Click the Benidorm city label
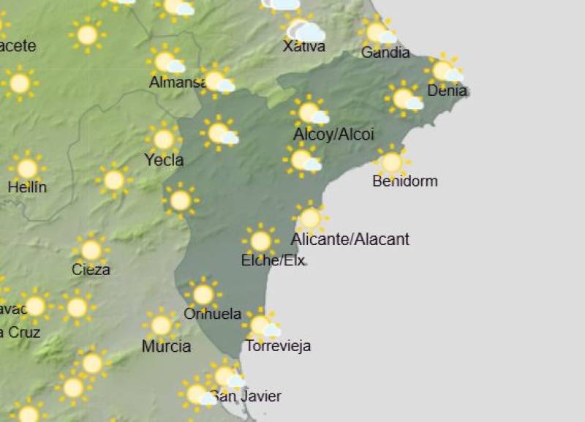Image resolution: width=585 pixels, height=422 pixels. point(404,181)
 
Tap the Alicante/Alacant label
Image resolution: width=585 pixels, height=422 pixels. point(350,239)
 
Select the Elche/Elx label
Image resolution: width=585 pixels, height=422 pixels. point(273,260)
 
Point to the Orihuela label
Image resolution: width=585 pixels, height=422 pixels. point(213,314)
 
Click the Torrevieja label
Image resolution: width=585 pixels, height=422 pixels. point(278,346)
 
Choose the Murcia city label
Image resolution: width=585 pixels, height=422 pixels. point(167,346)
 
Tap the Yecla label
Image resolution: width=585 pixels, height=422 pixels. point(164,159)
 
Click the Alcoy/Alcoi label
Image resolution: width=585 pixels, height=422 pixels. point(333,135)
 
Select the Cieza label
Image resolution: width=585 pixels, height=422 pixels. point(91,269)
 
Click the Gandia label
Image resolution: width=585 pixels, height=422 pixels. point(385,53)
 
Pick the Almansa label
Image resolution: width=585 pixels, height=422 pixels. point(178,83)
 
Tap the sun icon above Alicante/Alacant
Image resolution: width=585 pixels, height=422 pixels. point(310,217)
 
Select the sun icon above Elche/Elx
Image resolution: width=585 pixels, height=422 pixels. point(260,241)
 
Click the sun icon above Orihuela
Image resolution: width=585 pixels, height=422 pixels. point(203,294)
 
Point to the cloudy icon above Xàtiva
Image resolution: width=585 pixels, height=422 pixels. point(305,30)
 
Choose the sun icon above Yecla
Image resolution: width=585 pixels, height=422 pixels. point(164,138)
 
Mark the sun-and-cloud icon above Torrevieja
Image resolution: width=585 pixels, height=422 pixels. point(263,325)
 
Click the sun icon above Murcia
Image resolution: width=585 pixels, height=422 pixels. point(161,325)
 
